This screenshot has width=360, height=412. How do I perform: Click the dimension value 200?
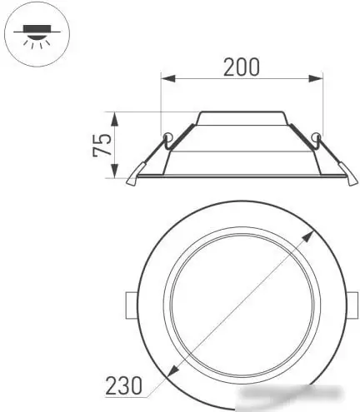coord(241,67)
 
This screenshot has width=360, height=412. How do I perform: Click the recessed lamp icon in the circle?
coord(37,34)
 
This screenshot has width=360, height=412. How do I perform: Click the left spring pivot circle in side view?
coord(168,137)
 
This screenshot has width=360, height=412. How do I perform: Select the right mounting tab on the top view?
coord(353,304)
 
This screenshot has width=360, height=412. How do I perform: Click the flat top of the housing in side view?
coord(241,112)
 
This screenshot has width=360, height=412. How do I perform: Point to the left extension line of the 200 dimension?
coord(162,104)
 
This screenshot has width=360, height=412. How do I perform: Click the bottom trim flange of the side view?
coord(241,176)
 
